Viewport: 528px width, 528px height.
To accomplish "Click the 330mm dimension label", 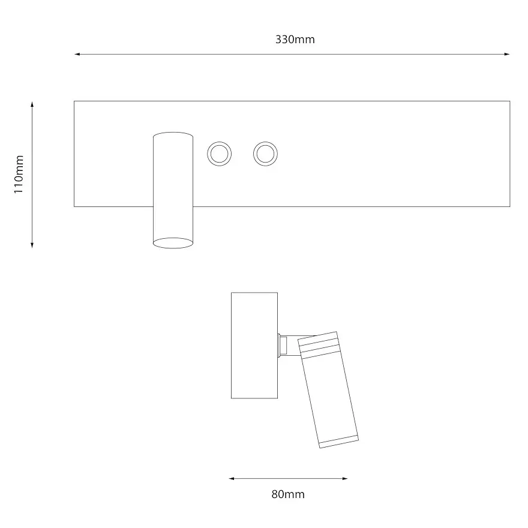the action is pos(295,40).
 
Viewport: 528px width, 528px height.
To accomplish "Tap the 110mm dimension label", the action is pos(19,175).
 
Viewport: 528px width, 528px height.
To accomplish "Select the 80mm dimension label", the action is pos(288,494).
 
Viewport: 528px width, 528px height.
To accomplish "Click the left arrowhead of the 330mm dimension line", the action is pos(77,54).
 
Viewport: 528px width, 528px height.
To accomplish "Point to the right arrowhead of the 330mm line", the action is pos(507,54).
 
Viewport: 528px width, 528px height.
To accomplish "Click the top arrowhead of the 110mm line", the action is pos(32,104).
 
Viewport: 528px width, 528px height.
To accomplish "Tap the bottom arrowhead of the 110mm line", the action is pos(32,245).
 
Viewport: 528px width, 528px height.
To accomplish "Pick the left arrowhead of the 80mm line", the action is pos(232,479).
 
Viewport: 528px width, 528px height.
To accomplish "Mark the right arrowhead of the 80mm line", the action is pos(345,479).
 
